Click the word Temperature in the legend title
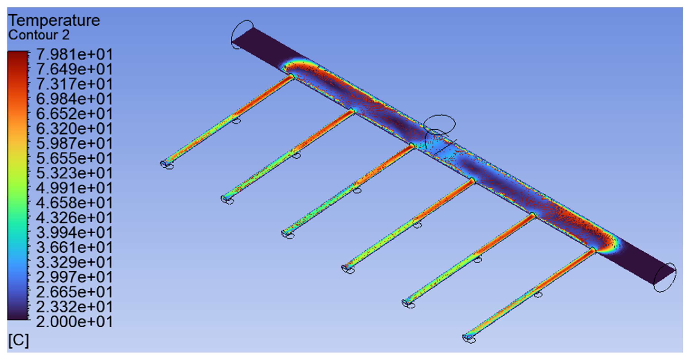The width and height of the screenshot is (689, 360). (54, 21)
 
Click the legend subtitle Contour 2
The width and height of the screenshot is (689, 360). (39, 35)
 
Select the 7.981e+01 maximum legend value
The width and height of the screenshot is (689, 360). (74, 54)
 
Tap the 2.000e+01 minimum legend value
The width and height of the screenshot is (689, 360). (74, 321)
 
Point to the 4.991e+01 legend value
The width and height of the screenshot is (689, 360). (74, 188)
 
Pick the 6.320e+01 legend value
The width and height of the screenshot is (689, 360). (74, 129)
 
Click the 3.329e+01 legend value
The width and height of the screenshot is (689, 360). (74, 262)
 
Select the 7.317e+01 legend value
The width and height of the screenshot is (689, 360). (74, 84)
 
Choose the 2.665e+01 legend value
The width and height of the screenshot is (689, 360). (74, 292)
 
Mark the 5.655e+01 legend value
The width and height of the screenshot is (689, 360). (74, 158)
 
